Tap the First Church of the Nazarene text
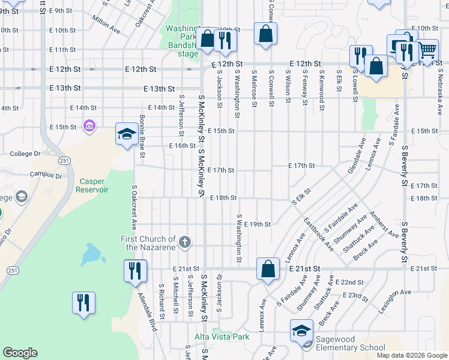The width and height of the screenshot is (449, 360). pyautogui.click(x=148, y=243)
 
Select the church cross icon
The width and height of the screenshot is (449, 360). pyautogui.click(x=185, y=242)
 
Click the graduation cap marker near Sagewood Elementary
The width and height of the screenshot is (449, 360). pyautogui.click(x=302, y=331)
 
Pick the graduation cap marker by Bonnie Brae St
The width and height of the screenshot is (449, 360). pyautogui.click(x=127, y=134)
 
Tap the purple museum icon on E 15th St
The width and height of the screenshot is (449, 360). pyautogui.click(x=89, y=126)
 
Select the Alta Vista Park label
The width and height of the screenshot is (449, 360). pyautogui.click(x=221, y=337)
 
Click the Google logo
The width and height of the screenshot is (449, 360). pyautogui.click(x=20, y=353)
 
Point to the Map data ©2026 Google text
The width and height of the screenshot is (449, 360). pyautogui.click(x=411, y=355)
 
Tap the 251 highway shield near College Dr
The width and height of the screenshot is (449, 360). pyautogui.click(x=64, y=160)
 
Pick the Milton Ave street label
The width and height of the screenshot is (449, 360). pyautogui.click(x=106, y=25)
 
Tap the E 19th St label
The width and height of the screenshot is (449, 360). pyautogui.click(x=259, y=224)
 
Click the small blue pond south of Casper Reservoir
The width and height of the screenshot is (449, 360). pyautogui.click(x=92, y=254)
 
